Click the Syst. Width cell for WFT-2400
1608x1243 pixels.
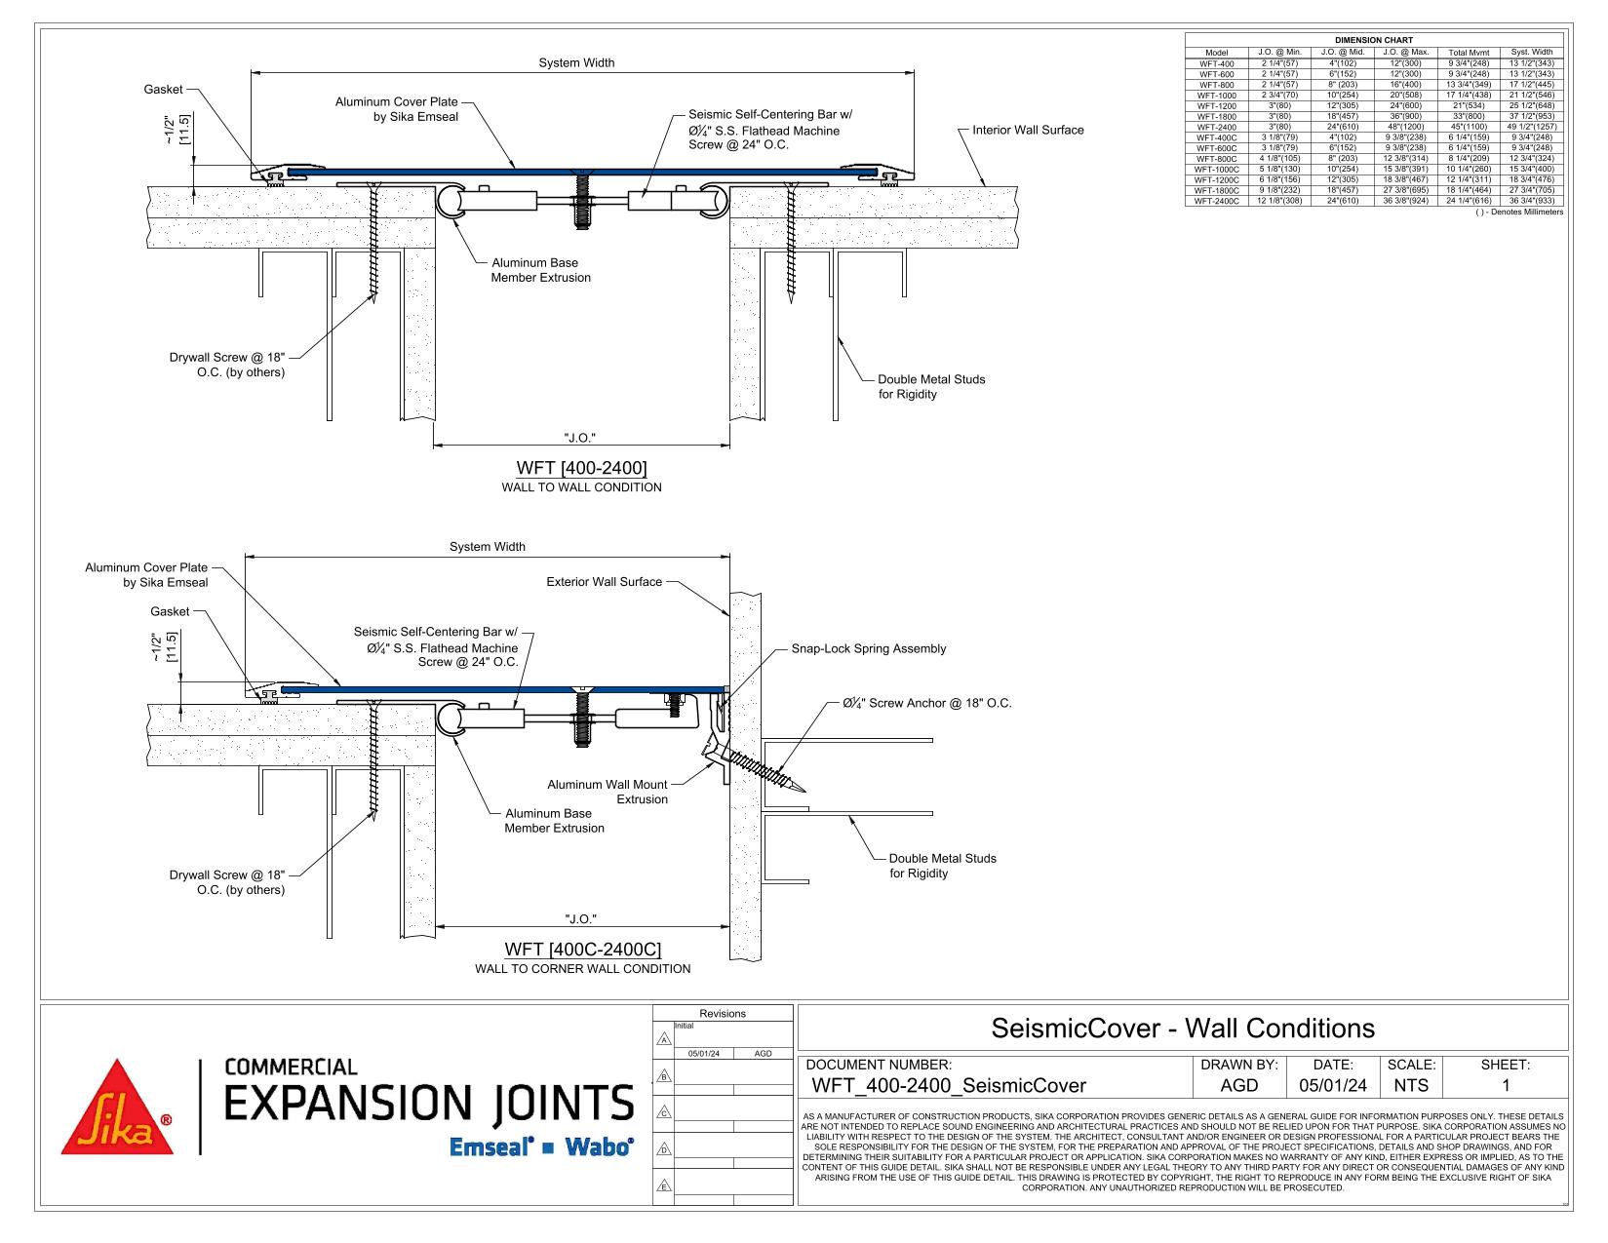(1531, 127)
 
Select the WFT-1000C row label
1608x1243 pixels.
(1216, 170)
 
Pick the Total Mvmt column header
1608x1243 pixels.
(1469, 53)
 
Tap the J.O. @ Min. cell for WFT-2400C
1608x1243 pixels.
(1279, 201)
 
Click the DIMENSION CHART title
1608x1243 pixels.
(1373, 40)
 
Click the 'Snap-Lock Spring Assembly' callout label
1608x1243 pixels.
(868, 648)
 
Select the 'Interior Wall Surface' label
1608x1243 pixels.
(1028, 130)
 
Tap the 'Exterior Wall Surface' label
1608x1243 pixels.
(604, 582)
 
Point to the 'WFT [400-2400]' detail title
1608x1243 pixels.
(581, 467)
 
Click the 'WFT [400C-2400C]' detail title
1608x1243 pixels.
(582, 949)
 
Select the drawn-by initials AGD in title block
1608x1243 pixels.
(1238, 1085)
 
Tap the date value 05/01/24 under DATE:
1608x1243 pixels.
(1333, 1085)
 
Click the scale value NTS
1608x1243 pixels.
(1410, 1085)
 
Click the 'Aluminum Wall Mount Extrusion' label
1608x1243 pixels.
(607, 792)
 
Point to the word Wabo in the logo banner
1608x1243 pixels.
(599, 1146)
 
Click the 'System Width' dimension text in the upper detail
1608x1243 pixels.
(576, 62)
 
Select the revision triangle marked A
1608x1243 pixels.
(664, 1039)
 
